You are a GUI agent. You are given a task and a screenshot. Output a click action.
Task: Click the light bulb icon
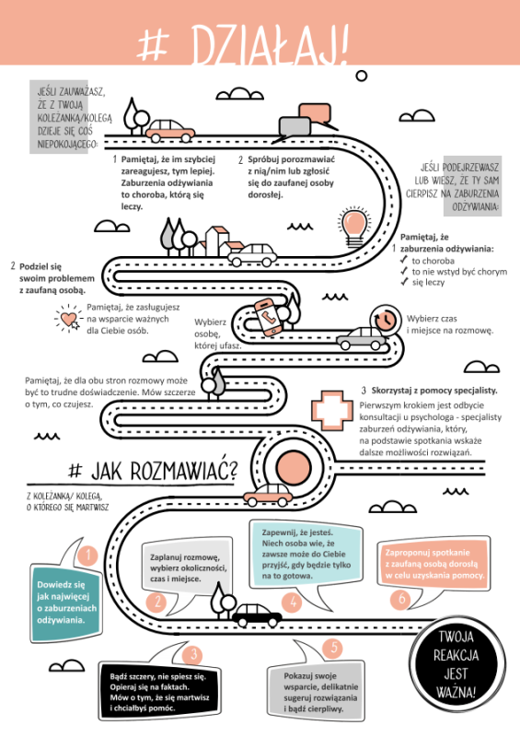tap(354, 228)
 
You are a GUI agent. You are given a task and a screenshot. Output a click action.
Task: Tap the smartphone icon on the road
tap(266, 317)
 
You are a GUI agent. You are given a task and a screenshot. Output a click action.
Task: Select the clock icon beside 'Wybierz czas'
tap(386, 320)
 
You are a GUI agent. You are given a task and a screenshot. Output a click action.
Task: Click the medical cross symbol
tap(332, 410)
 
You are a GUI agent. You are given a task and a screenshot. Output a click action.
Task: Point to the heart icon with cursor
tap(69, 319)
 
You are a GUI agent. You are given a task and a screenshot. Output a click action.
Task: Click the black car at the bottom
tap(257, 614)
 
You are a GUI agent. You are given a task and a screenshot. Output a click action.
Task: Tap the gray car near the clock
tap(361, 338)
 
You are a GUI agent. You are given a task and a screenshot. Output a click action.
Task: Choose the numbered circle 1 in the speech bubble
tap(87, 556)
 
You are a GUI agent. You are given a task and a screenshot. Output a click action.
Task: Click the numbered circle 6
tap(401, 600)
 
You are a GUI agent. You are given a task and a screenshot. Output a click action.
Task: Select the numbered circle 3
tap(193, 655)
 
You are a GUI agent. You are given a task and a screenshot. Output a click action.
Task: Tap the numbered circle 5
tap(333, 648)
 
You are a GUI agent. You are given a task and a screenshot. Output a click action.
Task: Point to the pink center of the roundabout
tap(294, 468)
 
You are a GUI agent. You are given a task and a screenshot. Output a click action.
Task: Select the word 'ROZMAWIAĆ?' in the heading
tap(184, 470)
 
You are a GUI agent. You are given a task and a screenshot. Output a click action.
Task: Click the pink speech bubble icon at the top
tap(315, 114)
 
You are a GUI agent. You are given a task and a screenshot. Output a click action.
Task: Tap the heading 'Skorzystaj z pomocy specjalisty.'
tap(434, 391)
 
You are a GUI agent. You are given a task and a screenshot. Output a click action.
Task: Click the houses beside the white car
tap(218, 241)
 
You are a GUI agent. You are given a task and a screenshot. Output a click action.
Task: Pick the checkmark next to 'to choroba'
tap(403, 260)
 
